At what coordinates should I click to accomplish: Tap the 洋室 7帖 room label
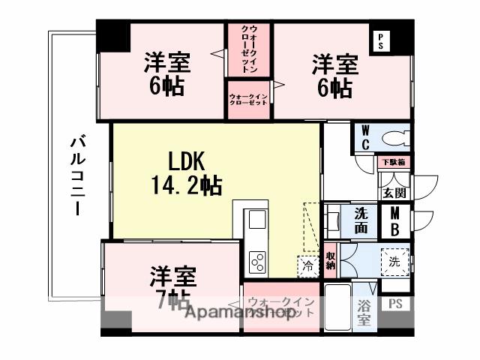[x=172, y=289]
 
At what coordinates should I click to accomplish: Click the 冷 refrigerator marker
[x=308, y=264]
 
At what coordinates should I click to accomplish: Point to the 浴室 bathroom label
[x=364, y=313]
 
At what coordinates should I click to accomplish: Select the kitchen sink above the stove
[x=257, y=222]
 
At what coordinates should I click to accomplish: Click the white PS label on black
[x=380, y=39]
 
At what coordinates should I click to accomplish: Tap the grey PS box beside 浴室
[x=394, y=304]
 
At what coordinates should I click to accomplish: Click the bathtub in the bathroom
[x=337, y=308]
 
